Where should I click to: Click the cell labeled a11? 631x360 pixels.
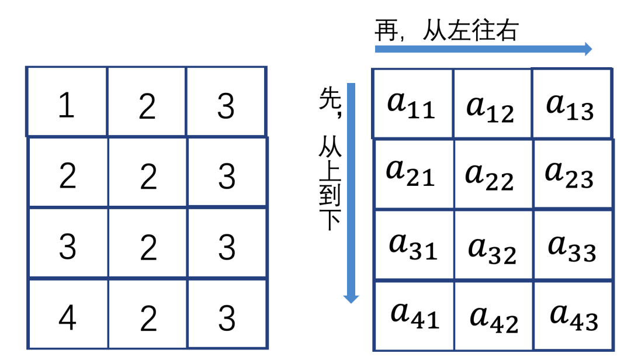(x=412, y=105)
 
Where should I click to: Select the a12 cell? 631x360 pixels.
(x=491, y=106)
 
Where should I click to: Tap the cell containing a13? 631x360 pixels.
(x=570, y=105)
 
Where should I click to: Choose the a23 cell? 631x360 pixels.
(x=570, y=173)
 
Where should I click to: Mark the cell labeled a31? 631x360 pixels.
(x=413, y=245)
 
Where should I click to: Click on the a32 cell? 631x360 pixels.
(x=493, y=248)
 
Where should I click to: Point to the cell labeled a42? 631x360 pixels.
(x=494, y=317)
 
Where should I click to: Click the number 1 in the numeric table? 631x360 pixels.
(x=67, y=106)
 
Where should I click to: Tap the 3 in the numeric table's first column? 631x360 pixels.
(x=67, y=247)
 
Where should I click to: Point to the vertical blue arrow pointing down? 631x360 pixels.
(x=351, y=193)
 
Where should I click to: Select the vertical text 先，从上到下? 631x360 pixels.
(x=330, y=158)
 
